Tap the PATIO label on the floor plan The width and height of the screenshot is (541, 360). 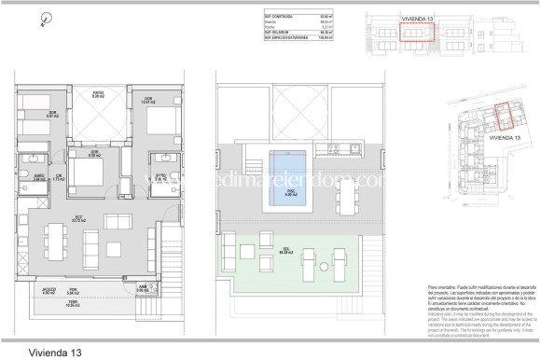[97, 94]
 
